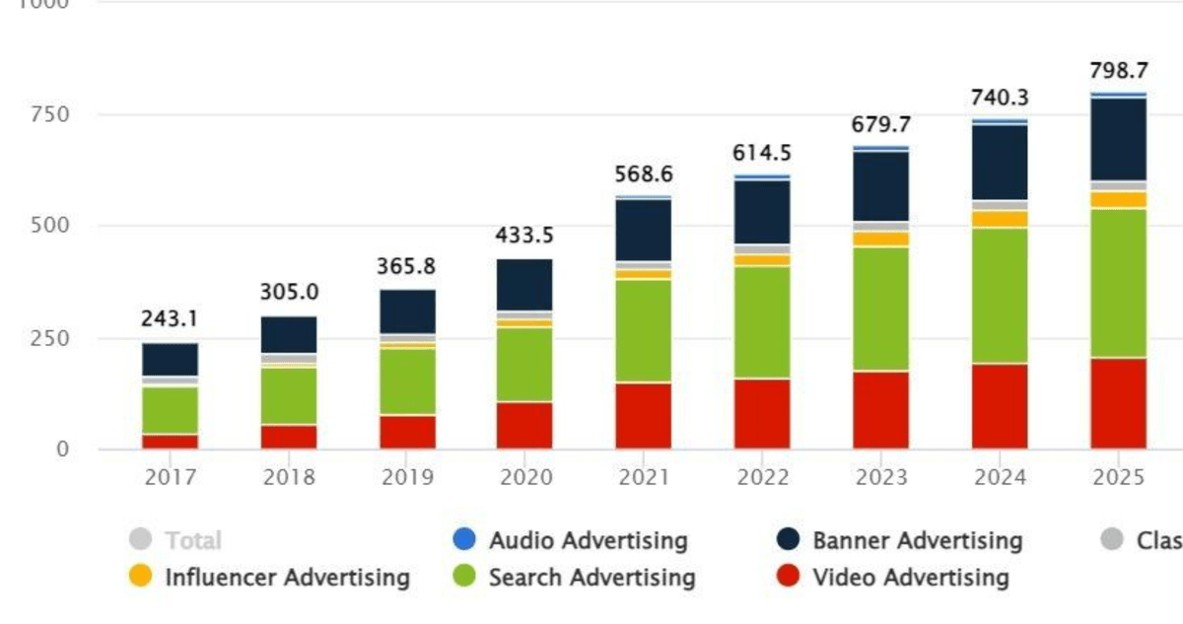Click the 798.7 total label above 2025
tap(1118, 71)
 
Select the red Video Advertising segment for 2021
tap(644, 415)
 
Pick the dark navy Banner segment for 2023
tap(881, 186)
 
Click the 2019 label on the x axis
tap(407, 478)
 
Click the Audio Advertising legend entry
tap(588, 540)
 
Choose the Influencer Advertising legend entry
tap(286, 578)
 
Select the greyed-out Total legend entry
tap(193, 540)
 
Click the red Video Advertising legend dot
tap(787, 577)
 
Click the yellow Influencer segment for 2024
tap(1000, 219)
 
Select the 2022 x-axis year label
tap(762, 478)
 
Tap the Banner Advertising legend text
tap(917, 540)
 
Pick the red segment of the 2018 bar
tap(289, 437)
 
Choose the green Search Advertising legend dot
tap(463, 577)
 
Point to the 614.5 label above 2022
tap(762, 154)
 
